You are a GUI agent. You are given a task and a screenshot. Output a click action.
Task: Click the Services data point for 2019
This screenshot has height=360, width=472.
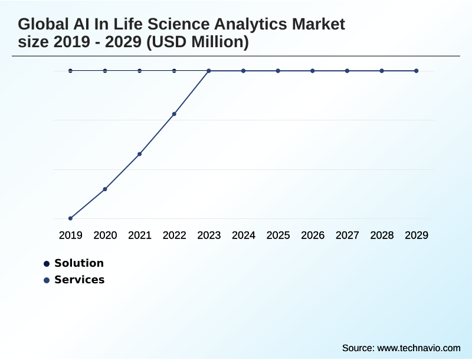point(70,218)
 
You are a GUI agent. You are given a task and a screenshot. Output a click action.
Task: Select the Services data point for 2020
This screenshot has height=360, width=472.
point(105,189)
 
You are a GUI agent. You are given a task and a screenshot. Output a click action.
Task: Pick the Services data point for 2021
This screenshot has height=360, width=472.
point(140,154)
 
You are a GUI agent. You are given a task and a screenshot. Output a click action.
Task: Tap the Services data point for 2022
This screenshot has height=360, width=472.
point(174,114)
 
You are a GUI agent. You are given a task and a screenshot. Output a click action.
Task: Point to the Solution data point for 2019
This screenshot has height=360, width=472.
point(70,71)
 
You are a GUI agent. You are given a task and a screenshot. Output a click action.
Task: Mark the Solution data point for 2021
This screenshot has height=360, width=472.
point(140,71)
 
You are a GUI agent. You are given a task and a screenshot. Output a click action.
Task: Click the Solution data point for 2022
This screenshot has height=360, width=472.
point(174,71)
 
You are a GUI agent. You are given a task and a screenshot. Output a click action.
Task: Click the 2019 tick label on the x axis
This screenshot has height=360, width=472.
point(70,235)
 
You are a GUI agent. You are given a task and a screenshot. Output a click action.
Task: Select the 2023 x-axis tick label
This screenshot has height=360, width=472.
point(209,235)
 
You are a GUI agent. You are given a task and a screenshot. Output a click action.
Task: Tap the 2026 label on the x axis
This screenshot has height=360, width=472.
point(313,235)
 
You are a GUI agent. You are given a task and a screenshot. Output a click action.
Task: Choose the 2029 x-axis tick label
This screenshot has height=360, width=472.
point(417,235)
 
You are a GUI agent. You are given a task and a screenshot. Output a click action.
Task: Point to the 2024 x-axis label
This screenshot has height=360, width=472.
point(244,235)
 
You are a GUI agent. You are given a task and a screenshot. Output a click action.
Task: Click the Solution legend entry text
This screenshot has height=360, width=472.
point(79,263)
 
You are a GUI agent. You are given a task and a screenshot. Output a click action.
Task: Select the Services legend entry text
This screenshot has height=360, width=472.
point(80,280)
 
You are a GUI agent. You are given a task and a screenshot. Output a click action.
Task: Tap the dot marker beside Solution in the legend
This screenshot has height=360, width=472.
point(47,264)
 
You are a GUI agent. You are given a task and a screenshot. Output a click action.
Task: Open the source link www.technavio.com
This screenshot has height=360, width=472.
point(418,348)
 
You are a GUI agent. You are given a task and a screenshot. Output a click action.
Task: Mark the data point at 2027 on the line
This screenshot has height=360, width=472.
point(347,71)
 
